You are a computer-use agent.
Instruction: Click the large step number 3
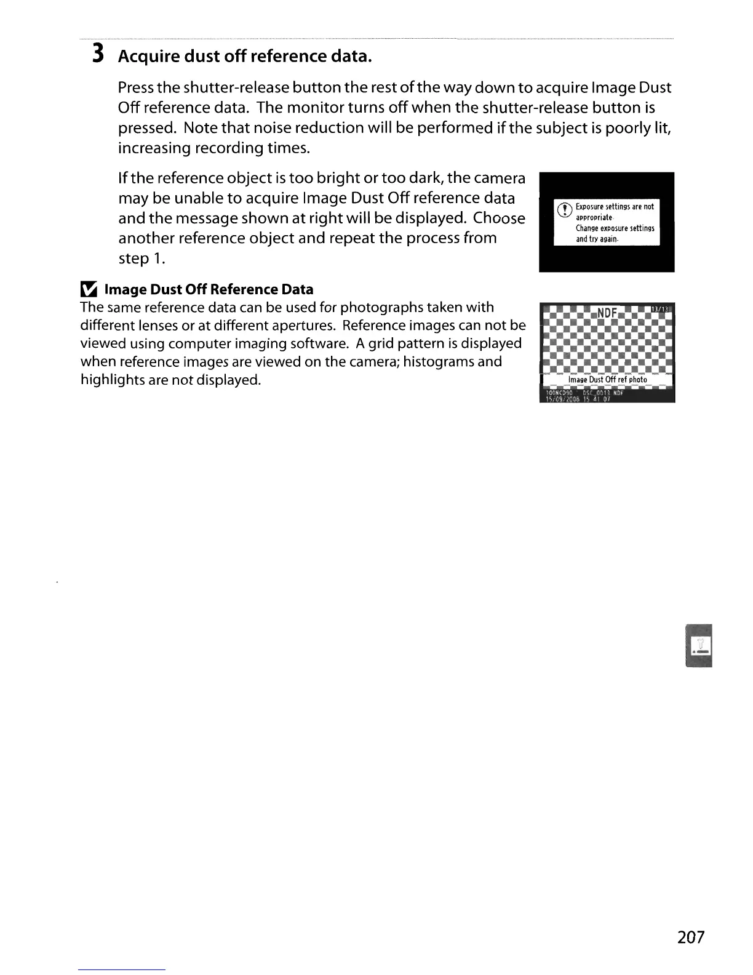pyautogui.click(x=97, y=55)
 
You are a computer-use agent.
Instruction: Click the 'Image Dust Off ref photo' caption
pyautogui.click(x=607, y=380)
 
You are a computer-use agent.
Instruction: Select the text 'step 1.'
pyautogui.click(x=141, y=259)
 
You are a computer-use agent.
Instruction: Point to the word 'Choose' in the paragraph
pyautogui.click(x=500, y=219)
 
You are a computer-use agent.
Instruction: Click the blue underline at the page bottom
pyautogui.click(x=122, y=969)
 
